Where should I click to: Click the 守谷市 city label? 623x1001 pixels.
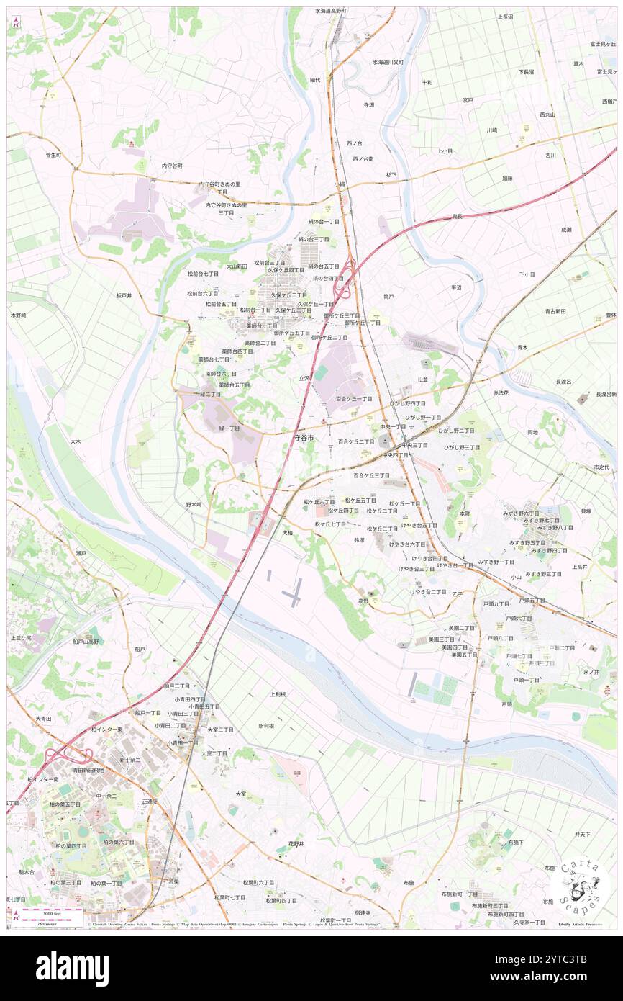[304, 437]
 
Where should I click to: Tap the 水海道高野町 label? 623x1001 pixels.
[331, 12]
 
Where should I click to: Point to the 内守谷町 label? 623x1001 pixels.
[172, 166]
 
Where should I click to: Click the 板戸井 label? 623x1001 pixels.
[124, 295]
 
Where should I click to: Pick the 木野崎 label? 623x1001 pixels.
[18, 315]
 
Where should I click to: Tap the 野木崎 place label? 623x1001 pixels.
[194, 504]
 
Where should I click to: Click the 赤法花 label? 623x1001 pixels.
[501, 393]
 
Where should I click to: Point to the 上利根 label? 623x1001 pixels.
[278, 694]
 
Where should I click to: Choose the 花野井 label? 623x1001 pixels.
[296, 843]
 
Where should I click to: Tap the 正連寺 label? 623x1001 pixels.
[150, 801]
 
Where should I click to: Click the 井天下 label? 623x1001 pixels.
[582, 834]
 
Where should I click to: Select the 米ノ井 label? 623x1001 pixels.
[591, 671]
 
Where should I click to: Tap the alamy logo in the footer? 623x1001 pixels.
[72, 968]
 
